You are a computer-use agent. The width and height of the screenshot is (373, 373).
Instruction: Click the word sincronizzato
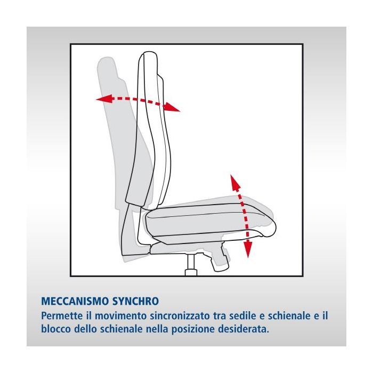[181, 315]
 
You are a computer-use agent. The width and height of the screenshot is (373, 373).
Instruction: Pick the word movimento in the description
[121, 315]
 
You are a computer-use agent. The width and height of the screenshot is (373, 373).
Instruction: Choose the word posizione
[192, 330]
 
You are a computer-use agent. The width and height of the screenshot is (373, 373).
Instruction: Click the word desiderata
[242, 329]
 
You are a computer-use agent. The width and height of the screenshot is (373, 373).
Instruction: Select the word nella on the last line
[157, 329]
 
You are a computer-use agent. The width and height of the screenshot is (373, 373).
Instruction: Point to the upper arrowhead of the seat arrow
[235, 182]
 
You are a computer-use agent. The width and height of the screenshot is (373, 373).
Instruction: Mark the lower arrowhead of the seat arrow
[248, 249]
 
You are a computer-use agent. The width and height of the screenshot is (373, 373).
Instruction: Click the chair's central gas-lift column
[191, 265]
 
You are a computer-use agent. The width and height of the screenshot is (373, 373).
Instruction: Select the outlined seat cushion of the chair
[210, 221]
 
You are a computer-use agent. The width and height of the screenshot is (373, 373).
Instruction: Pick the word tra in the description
[220, 315]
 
